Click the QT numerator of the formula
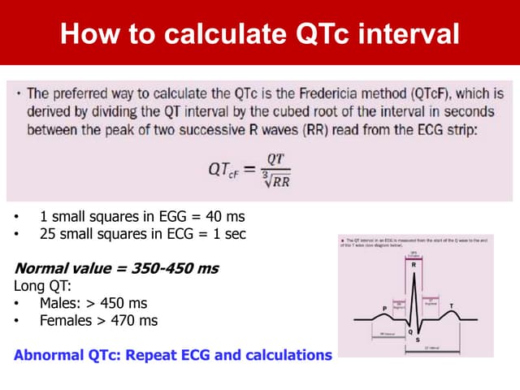[x=275, y=160]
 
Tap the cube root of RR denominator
[x=277, y=180]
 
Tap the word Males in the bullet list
[x=58, y=303]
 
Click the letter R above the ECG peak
[x=415, y=265]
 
